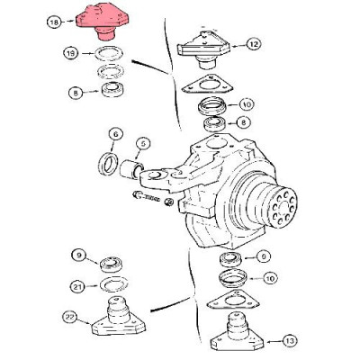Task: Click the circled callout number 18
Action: pyautogui.click(x=55, y=22)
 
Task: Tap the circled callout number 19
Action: pyautogui.click(x=71, y=54)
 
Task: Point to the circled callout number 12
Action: pyautogui.click(x=254, y=45)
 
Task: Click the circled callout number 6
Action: pyautogui.click(x=116, y=135)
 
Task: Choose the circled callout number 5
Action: pyautogui.click(x=143, y=144)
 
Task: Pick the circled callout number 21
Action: pyautogui.click(x=77, y=287)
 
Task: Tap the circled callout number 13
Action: pyautogui.click(x=290, y=341)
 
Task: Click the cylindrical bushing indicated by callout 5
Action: pyautogui.click(x=131, y=168)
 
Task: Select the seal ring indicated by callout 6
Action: pyautogui.click(x=108, y=164)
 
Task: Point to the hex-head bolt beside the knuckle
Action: pyautogui.click(x=146, y=197)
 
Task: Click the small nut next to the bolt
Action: pyautogui.click(x=169, y=202)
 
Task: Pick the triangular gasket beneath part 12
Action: pyautogui.click(x=207, y=84)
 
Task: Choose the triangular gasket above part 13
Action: pyautogui.click(x=233, y=300)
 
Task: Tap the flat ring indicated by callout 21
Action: pyautogui.click(x=113, y=283)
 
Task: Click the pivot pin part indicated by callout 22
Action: pyautogui.click(x=118, y=317)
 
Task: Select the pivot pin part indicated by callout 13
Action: pyautogui.click(x=237, y=332)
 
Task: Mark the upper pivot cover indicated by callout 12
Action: pyautogui.click(x=204, y=49)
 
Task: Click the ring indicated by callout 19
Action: pyautogui.click(x=109, y=54)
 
